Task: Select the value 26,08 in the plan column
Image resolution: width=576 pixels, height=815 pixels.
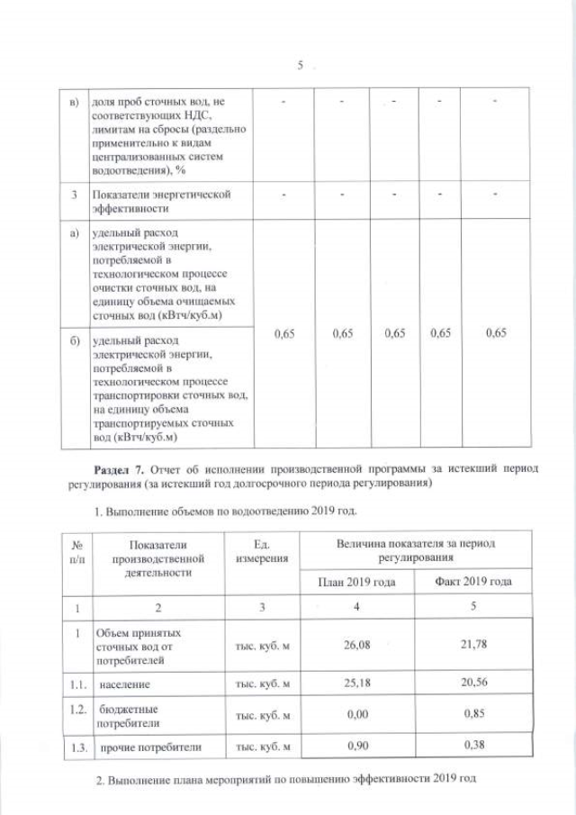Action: coord(358,645)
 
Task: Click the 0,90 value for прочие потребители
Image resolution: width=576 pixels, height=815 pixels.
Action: coord(358,747)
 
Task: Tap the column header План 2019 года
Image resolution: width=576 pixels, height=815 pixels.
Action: coord(358,583)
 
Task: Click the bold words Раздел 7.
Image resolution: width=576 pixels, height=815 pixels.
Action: coord(119,469)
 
